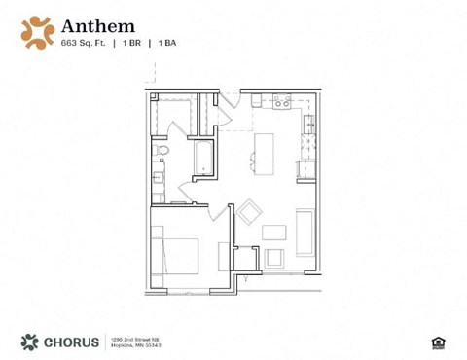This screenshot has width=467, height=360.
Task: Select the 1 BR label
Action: (x=134, y=44)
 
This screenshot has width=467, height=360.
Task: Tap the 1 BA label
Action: (x=167, y=44)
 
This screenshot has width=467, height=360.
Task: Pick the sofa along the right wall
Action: (x=305, y=231)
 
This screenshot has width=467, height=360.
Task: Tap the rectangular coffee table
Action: (x=274, y=232)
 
